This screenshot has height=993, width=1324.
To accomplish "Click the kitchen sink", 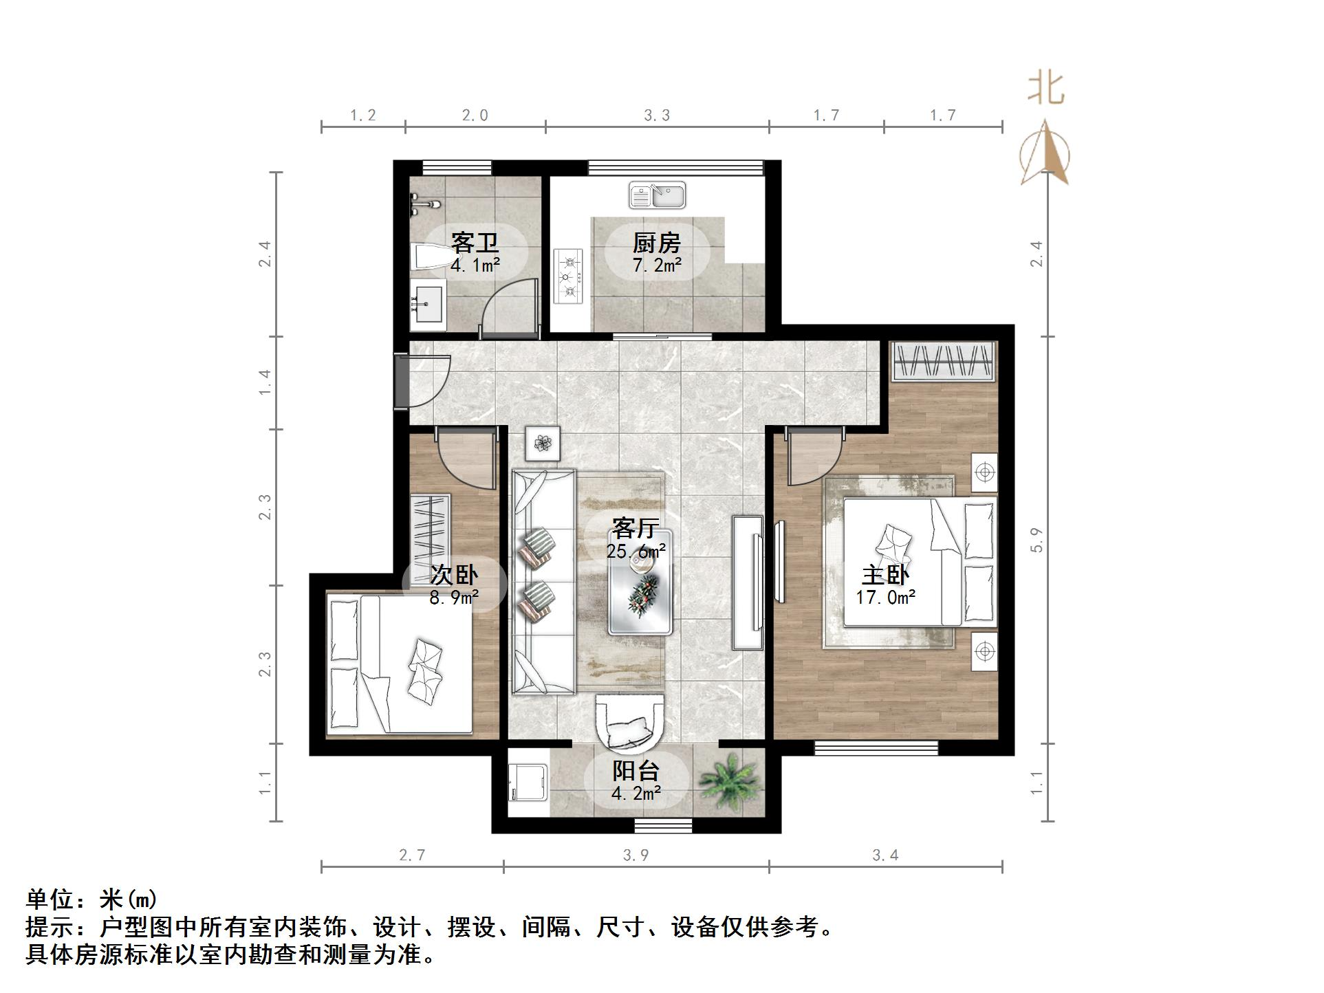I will pyautogui.click(x=657, y=195).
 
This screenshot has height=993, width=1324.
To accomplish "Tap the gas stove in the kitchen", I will pyautogui.click(x=568, y=276).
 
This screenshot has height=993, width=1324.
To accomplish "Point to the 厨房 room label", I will pyautogui.click(x=657, y=243).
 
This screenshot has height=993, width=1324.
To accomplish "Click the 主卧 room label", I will pyautogui.click(x=885, y=575).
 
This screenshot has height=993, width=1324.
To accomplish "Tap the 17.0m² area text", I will pyautogui.click(x=885, y=597).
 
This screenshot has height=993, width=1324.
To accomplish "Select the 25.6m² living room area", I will pyautogui.click(x=636, y=551).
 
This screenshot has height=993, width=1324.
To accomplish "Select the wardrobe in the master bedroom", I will pyautogui.click(x=944, y=360).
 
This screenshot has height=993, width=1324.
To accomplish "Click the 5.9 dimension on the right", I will pyautogui.click(x=1037, y=540).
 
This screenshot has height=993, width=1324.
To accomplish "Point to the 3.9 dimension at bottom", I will pyautogui.click(x=636, y=855).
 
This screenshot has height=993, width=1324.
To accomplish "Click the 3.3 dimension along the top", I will pyautogui.click(x=657, y=116).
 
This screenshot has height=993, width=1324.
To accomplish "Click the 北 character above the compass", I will pyautogui.click(x=1046, y=89).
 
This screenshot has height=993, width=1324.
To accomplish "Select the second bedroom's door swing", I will pyautogui.click(x=464, y=457).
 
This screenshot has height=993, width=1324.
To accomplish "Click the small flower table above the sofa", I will pyautogui.click(x=543, y=444).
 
